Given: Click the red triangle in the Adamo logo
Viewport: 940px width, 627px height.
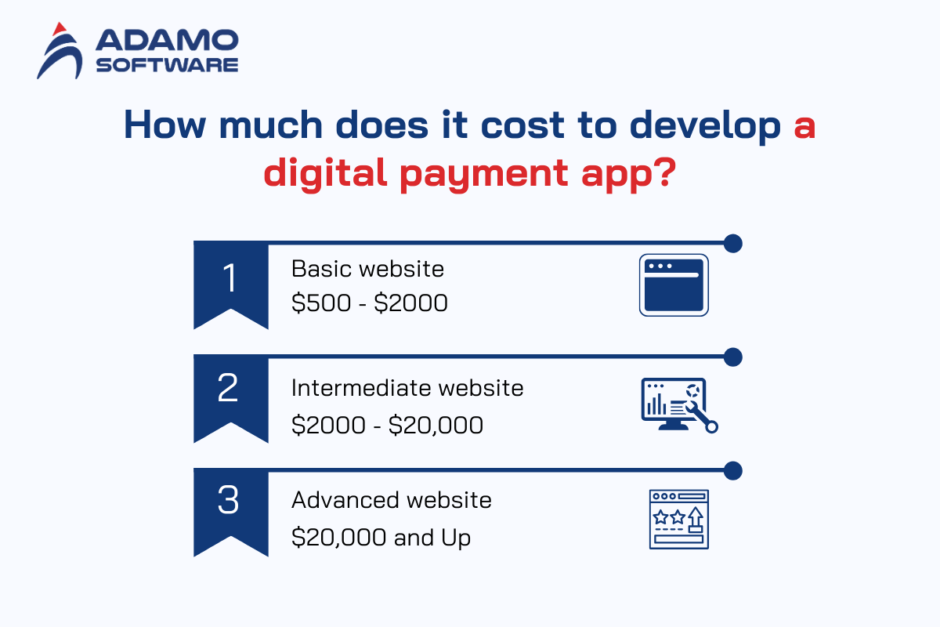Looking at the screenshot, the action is (60, 29).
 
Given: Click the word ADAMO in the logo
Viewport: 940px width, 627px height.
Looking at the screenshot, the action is (167, 40).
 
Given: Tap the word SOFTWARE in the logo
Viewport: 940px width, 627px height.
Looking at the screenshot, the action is (167, 65).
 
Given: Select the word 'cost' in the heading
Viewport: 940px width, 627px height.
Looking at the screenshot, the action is (522, 125).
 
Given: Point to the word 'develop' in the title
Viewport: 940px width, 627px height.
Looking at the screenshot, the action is (705, 126).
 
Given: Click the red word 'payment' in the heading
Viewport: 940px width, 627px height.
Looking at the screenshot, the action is (484, 175).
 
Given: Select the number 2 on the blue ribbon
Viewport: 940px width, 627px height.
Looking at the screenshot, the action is (228, 388).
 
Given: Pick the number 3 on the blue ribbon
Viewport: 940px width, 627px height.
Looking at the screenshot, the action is (228, 500).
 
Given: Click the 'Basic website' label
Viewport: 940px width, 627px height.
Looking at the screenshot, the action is (367, 269).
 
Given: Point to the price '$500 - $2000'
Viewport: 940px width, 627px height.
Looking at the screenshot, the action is (370, 303).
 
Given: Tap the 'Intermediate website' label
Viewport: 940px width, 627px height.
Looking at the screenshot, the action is (407, 388).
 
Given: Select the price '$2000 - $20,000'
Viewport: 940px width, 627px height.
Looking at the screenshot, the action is (387, 425).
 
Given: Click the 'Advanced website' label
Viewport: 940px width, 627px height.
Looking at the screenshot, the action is (392, 500).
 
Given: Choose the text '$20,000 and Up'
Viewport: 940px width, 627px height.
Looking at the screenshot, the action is (381, 538).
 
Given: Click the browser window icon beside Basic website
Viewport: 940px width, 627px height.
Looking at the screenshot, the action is (674, 285).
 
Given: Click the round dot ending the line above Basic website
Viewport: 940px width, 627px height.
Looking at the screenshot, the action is (733, 244).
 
